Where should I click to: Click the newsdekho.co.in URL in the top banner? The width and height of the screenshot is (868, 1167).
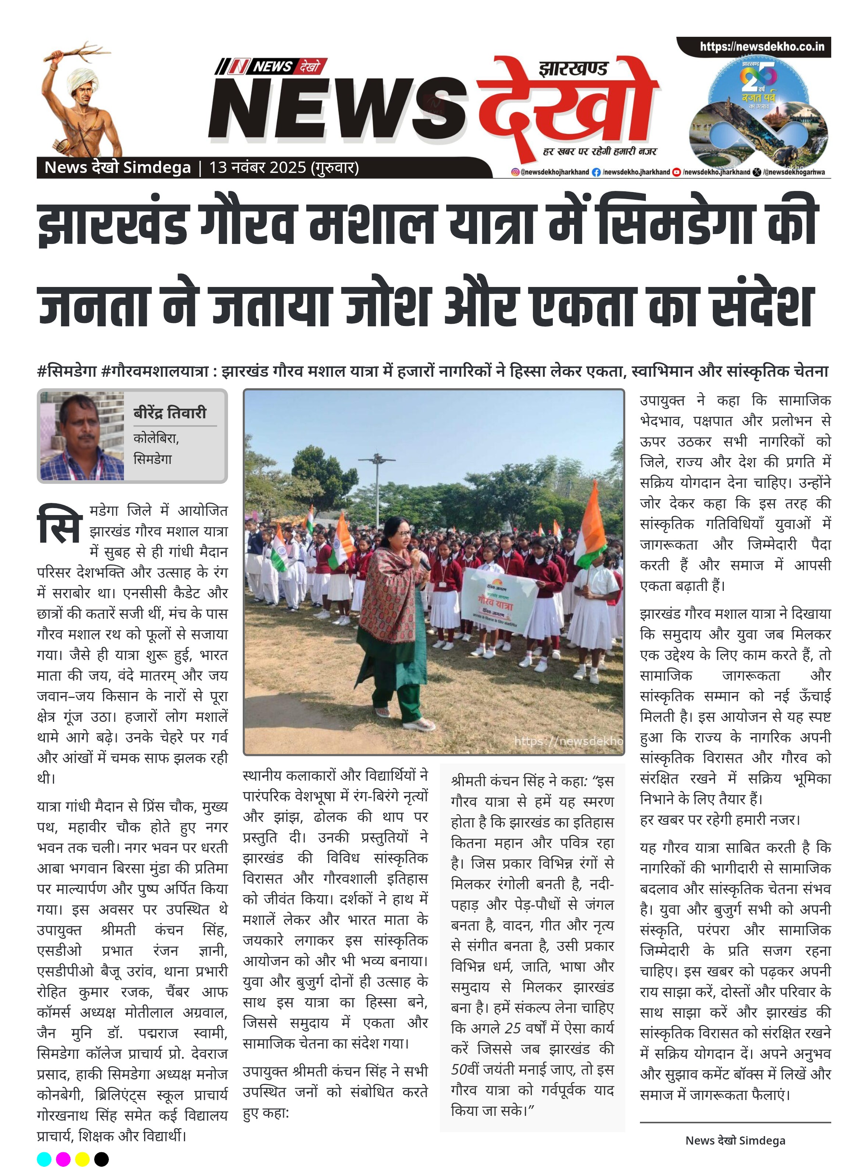[x=761, y=47]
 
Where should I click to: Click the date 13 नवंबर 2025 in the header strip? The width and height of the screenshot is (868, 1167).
[x=257, y=168]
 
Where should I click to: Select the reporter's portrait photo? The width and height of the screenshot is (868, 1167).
[x=82, y=436]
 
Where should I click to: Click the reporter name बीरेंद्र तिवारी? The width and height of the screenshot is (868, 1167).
[x=169, y=412]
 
